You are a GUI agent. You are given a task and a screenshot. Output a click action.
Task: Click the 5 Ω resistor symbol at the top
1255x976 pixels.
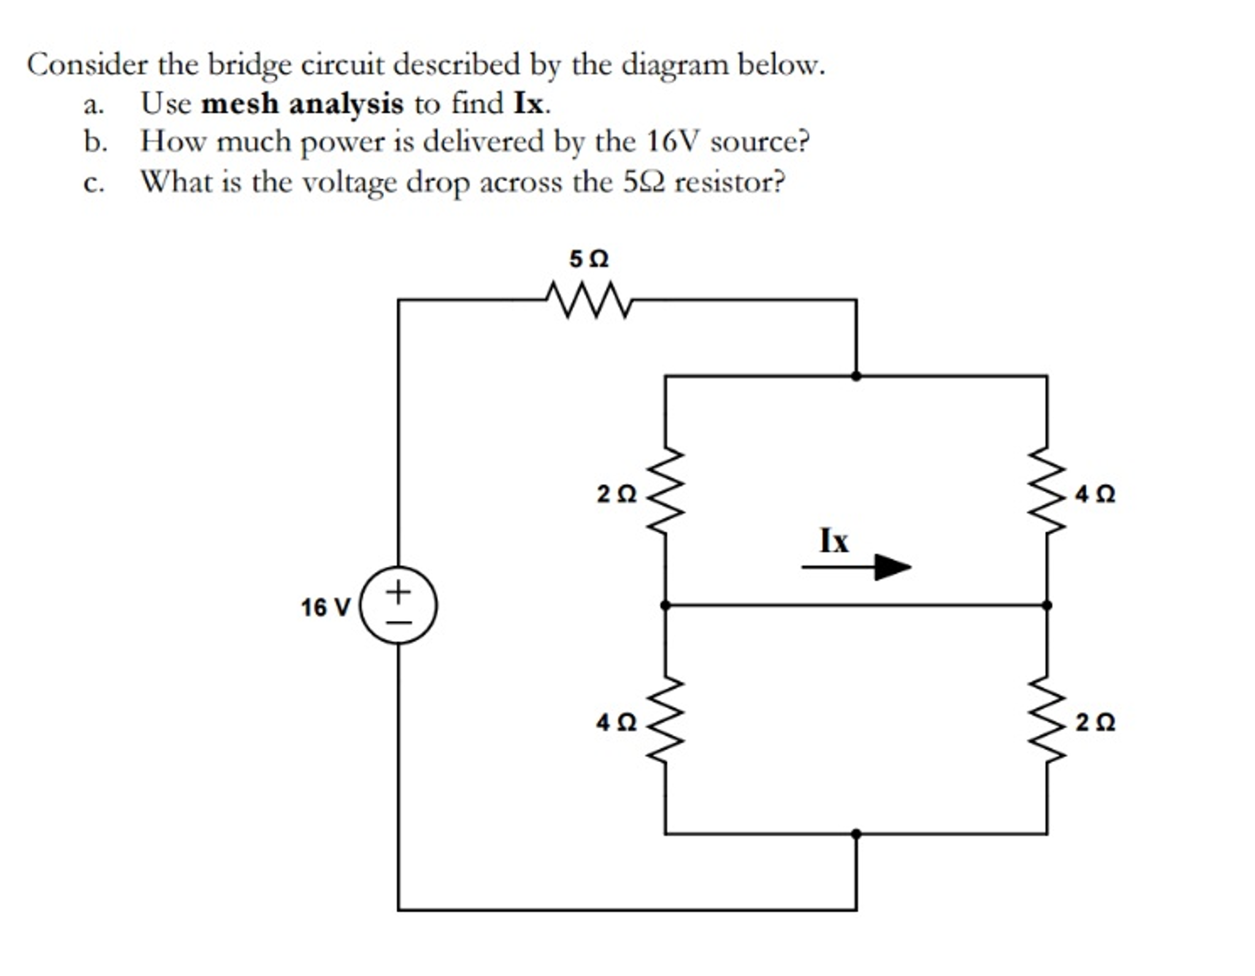588,300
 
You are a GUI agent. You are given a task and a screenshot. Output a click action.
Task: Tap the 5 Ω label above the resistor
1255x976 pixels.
589,259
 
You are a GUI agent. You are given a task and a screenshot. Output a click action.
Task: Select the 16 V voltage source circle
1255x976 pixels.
399,604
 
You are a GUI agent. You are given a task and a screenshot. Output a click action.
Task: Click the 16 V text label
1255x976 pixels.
325,608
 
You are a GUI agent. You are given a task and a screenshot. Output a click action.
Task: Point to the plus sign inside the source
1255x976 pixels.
399,592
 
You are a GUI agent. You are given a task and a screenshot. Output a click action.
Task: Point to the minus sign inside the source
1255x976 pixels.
399,622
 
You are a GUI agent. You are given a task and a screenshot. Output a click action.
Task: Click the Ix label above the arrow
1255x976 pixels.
834,541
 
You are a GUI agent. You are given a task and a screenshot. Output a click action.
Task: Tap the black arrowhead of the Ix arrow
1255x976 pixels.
891,567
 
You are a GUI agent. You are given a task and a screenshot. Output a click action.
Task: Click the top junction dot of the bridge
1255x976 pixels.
856,376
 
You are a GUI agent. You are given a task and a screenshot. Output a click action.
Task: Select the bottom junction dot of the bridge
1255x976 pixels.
856,834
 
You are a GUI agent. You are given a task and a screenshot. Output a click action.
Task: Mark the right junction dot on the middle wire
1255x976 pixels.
1047,605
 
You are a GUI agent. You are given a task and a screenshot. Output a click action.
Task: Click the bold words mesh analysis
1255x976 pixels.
302,104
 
